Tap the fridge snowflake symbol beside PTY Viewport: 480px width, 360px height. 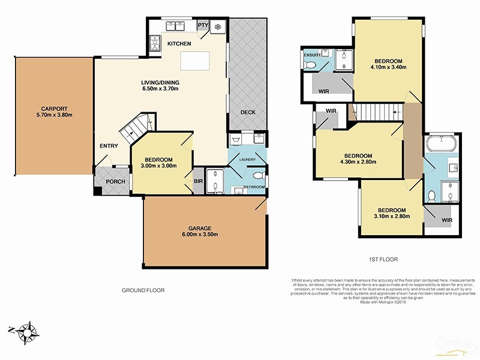(x=217, y=26)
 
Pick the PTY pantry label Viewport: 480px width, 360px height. (x=203, y=25)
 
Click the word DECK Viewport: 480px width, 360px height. (x=248, y=112)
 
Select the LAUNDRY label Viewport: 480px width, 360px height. (x=248, y=159)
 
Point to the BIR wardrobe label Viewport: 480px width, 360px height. (x=197, y=181)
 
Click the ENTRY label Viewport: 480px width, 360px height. (x=109, y=146)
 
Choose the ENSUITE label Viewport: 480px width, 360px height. (x=312, y=55)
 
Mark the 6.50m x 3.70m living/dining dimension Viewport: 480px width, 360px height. (x=160, y=89)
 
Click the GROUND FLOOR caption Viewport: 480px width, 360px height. (x=144, y=290)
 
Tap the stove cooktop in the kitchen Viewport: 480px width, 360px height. (x=155, y=43)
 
